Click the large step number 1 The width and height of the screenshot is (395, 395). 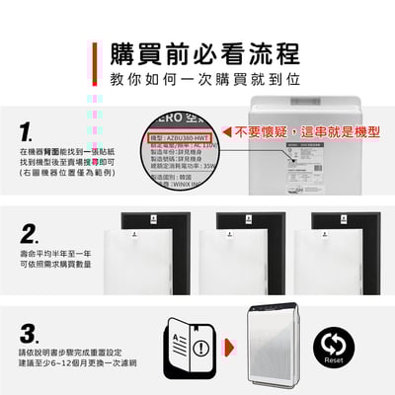click(28, 131)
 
